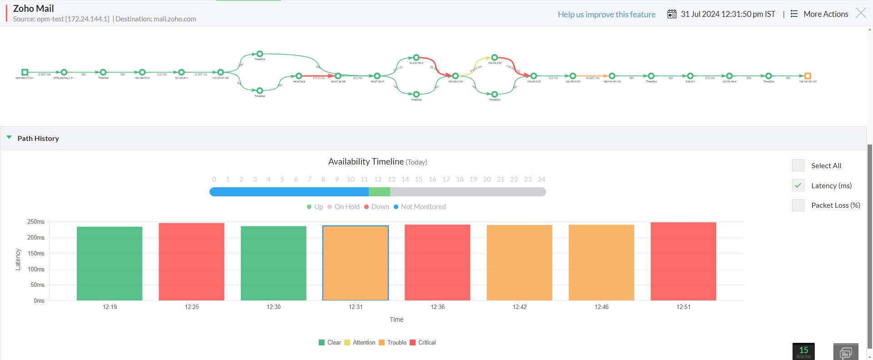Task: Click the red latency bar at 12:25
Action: pyautogui.click(x=191, y=261)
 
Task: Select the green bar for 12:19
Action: pyautogui.click(x=110, y=263)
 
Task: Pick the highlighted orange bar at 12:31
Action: pyautogui.click(x=356, y=263)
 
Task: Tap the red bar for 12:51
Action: pyautogui.click(x=683, y=261)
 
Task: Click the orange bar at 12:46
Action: pyautogui.click(x=601, y=262)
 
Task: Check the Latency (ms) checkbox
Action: pyautogui.click(x=798, y=185)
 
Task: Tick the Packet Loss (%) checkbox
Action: pyautogui.click(x=798, y=205)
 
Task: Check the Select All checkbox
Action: pyautogui.click(x=798, y=165)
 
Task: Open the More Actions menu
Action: pyautogui.click(x=820, y=14)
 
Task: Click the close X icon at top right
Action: pyautogui.click(x=861, y=13)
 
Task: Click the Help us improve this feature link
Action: pyautogui.click(x=607, y=15)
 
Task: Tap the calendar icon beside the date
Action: pyautogui.click(x=672, y=14)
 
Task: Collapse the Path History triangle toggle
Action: pyautogui.click(x=9, y=138)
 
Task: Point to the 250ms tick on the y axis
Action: pyautogui.click(x=36, y=222)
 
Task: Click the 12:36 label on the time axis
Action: pyautogui.click(x=437, y=307)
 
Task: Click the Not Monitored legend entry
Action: pyautogui.click(x=419, y=207)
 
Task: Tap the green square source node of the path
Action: pyautogui.click(x=25, y=72)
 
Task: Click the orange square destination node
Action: pyautogui.click(x=808, y=76)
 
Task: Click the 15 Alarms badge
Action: pyautogui.click(x=803, y=351)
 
